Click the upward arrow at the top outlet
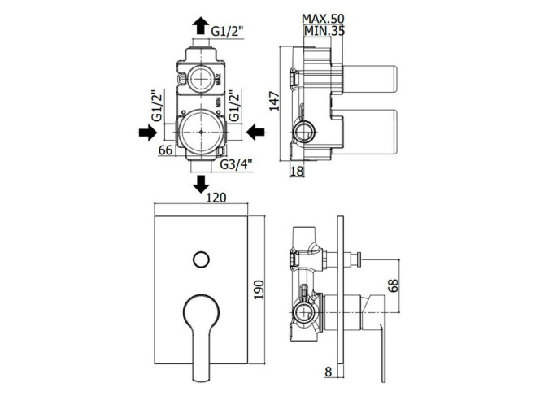click(x=200, y=26)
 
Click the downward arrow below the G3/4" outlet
click(x=200, y=185)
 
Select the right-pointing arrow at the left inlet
click(x=148, y=133)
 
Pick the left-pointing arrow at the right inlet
click(x=255, y=133)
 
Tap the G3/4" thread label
click(x=236, y=164)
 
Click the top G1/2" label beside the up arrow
click(x=227, y=32)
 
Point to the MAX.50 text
click(x=323, y=18)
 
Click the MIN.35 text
click(x=324, y=31)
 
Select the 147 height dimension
click(x=275, y=101)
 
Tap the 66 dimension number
click(x=165, y=150)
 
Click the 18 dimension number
click(x=297, y=171)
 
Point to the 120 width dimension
click(x=216, y=198)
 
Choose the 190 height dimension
click(x=259, y=289)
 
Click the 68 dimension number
click(x=393, y=285)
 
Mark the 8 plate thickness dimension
click(x=329, y=372)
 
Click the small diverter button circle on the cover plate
click(x=202, y=259)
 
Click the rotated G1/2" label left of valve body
click(x=157, y=106)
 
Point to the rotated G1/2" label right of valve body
click(x=234, y=106)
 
